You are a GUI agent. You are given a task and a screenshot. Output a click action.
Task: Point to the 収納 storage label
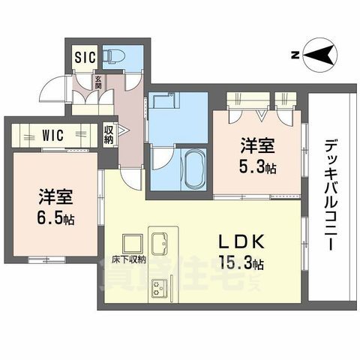coord(109,134)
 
